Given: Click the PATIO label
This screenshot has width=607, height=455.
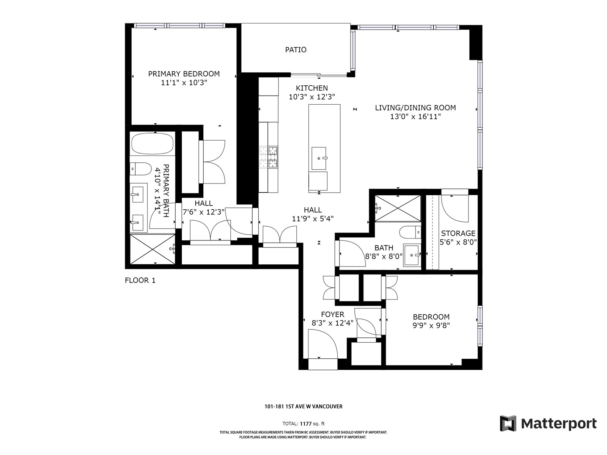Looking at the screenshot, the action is (x=296, y=50).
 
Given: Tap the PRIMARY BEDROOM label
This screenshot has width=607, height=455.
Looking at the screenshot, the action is (x=184, y=74).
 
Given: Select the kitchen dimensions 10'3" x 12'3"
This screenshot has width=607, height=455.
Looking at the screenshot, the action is (x=312, y=97).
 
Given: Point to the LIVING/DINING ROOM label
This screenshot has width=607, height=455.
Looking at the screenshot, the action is (x=415, y=108).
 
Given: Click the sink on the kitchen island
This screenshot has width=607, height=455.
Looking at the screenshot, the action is (x=319, y=158).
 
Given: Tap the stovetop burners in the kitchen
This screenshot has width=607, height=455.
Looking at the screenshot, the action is (x=269, y=157).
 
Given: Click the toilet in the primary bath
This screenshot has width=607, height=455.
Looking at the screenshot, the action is (x=140, y=169).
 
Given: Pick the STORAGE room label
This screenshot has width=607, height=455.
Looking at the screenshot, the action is (x=458, y=233).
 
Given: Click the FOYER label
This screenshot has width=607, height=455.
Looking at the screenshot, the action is (x=333, y=314).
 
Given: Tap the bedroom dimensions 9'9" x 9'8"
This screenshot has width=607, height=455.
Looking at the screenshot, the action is (x=431, y=325).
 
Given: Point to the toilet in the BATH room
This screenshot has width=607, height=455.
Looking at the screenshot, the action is (x=410, y=232).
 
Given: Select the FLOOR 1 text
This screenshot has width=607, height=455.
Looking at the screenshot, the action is (x=140, y=281).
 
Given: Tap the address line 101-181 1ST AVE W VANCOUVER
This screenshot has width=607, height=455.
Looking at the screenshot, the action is (x=303, y=406).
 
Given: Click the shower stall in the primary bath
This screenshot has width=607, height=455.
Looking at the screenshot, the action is (x=153, y=249).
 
